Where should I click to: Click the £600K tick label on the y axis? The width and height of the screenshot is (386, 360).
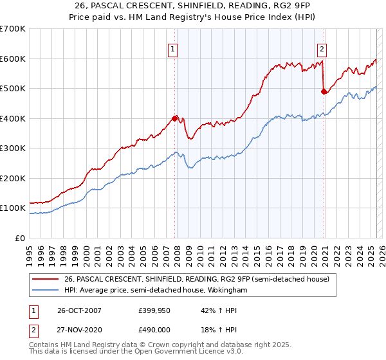[13, 59]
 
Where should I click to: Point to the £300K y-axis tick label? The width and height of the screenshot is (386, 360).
[13, 148]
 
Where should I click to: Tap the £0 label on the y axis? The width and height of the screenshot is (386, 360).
[21, 239]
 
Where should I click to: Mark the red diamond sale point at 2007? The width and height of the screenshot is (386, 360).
[174, 118]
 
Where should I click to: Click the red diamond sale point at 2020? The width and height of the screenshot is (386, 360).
[324, 91]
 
